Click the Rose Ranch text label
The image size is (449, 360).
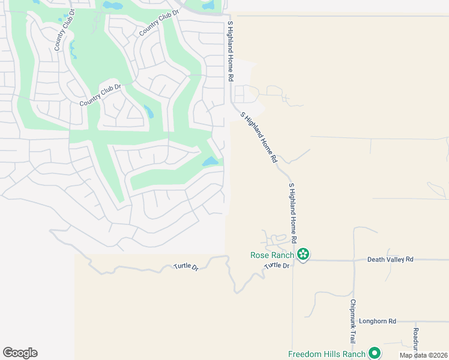tap(272, 255)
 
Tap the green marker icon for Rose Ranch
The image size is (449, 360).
tap(304, 255)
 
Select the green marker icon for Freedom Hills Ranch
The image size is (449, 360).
tap(375, 354)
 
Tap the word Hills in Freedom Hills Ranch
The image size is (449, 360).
tap(332, 354)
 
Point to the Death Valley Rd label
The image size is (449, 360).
tap(390, 259)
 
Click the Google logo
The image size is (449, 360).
tap(20, 353)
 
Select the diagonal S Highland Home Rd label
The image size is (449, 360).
tap(259, 137)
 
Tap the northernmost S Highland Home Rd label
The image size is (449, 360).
tap(230, 52)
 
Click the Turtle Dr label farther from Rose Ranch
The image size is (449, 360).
tap(186, 266)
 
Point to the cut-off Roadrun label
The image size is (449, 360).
tap(415, 338)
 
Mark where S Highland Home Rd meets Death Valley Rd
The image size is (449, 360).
tap(293, 260)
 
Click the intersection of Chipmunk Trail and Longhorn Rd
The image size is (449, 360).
tap(354, 322)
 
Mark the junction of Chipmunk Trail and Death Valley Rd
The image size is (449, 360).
tap(354, 260)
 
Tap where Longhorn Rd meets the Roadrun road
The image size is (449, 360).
tap(415, 322)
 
